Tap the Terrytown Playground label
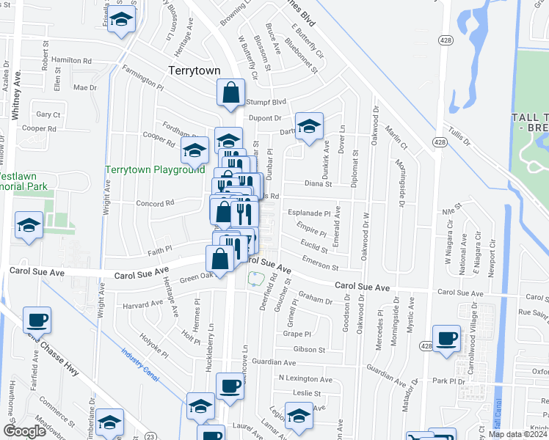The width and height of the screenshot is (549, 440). point(154,169)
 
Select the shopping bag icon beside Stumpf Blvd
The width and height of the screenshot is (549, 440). point(230,93)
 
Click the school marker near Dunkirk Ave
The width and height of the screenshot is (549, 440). point(309,125)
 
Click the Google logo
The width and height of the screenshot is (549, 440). point(25,431)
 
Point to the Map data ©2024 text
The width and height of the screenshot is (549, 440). point(518,434)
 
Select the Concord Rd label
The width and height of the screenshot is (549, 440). point(154,203)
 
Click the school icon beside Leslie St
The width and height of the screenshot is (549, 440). point(297,415)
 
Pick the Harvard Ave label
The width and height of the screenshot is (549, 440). point(142,303)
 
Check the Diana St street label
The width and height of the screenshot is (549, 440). point(318,185)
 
